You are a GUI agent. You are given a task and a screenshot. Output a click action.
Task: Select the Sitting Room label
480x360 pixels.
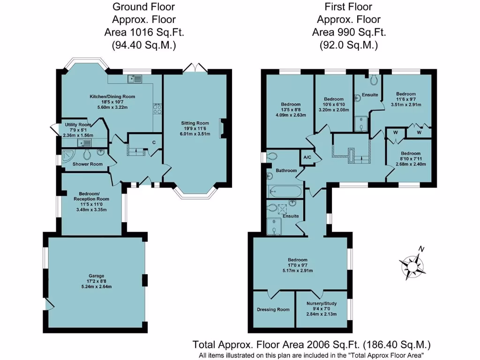pos(195,124)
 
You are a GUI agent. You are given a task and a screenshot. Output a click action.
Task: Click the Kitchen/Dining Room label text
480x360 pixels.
pos(112,97)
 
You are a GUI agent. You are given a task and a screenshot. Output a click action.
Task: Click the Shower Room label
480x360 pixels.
pos(87,164)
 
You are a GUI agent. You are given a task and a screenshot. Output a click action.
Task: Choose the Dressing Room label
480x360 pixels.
pos(273,309)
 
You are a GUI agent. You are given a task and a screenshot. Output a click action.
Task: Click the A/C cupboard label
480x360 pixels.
pos(308,157)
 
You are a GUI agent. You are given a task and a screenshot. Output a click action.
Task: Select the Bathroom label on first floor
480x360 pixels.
pos(286,170)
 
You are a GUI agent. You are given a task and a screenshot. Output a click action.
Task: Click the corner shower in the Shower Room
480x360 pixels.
pos(68,155)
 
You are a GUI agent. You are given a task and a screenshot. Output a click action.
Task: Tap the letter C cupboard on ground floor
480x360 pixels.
pos(154,142)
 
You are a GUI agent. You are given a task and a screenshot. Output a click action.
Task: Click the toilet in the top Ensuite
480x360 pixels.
pos(374,80)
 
